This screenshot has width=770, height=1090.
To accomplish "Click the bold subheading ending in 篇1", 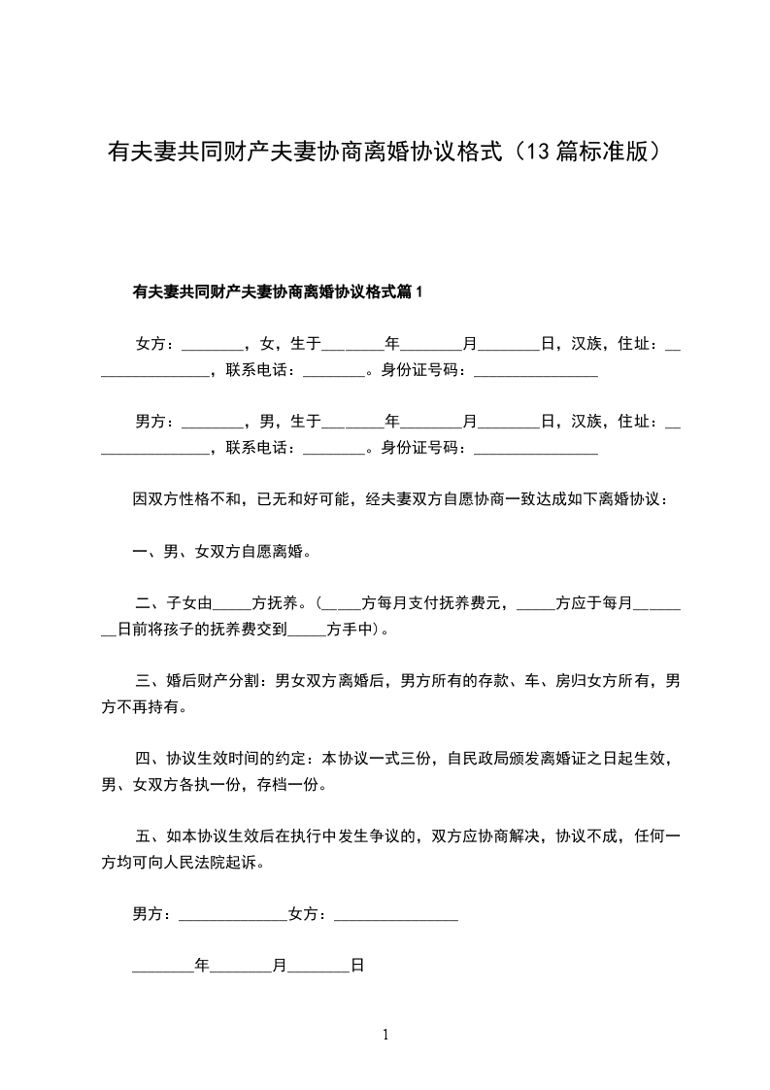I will [279, 291].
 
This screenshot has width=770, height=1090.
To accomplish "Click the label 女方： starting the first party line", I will [156, 344].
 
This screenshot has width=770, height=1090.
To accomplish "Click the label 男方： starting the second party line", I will [156, 422].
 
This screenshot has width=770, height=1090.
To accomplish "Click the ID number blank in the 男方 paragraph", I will [535, 450].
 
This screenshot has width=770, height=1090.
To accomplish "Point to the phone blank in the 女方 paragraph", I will [333, 372].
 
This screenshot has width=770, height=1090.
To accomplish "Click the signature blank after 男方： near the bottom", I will [233, 915].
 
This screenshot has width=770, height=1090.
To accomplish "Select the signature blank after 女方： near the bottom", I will [395, 915].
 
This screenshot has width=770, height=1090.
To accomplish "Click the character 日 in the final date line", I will [356, 967].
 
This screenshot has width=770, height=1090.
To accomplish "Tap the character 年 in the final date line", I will [202, 967].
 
